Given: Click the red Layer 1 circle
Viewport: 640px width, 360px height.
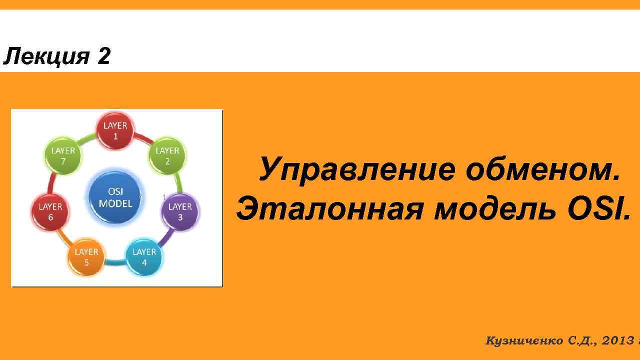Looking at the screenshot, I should coord(115,130).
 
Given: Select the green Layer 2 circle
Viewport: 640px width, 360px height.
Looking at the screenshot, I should coord(167,156).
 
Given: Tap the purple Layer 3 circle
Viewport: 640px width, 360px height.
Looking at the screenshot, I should coord(180,211).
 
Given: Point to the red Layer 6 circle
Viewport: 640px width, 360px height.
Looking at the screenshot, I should coord(50,211).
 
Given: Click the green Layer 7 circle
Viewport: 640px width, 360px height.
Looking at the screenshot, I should coord(63,156).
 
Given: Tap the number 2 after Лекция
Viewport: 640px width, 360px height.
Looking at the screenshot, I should coord(103,56).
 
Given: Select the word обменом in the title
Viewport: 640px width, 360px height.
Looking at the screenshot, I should coord(542,169).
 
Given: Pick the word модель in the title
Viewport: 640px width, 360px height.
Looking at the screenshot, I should coord(495,208).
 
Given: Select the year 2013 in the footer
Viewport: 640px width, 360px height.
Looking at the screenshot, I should coord(618,341).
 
